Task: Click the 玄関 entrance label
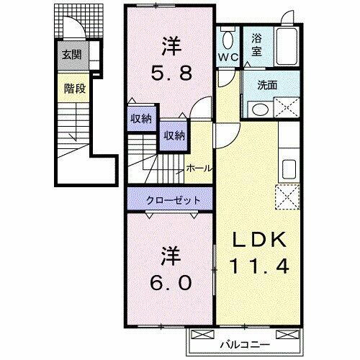point(71,55)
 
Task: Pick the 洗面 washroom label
point(267,85)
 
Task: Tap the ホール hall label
point(198,168)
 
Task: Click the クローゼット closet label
point(170,199)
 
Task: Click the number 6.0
point(171,281)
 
